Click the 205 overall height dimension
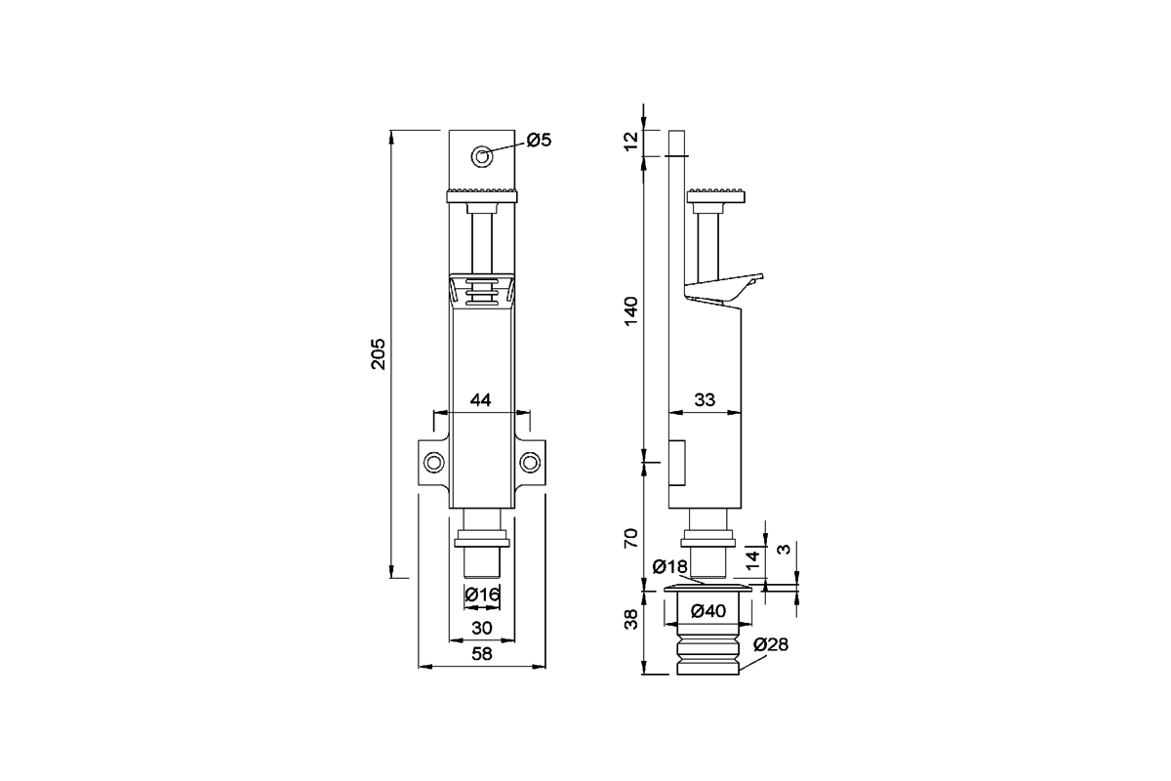(x=378, y=354)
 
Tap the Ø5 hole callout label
(x=539, y=141)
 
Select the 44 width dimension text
(x=480, y=400)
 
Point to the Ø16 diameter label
(x=482, y=595)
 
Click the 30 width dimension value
(x=481, y=628)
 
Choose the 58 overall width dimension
(x=481, y=654)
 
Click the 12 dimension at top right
(x=632, y=141)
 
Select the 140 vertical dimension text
(x=632, y=310)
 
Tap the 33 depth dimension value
(x=705, y=400)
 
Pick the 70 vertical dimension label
(x=632, y=538)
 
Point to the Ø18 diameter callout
(x=670, y=566)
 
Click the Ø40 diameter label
(x=708, y=610)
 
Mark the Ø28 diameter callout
(x=771, y=644)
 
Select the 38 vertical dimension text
(x=632, y=619)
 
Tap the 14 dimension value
(x=752, y=560)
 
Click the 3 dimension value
(x=785, y=550)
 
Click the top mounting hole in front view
(x=482, y=156)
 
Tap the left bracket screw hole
(x=434, y=463)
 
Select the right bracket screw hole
(x=530, y=463)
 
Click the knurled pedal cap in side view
(x=716, y=195)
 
